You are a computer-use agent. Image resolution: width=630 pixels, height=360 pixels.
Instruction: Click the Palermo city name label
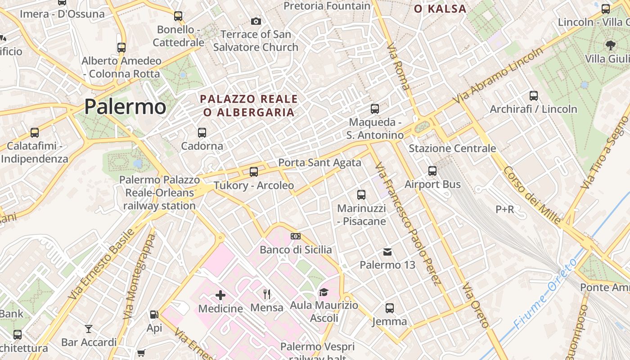point(125,107)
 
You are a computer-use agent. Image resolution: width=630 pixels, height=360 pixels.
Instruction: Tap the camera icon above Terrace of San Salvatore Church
point(256,21)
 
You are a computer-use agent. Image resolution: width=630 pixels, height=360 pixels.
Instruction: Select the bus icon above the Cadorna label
point(202,133)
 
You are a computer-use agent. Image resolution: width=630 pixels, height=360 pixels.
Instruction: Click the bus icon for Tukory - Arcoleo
point(254,171)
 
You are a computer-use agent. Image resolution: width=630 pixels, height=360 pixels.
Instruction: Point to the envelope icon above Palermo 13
point(387,252)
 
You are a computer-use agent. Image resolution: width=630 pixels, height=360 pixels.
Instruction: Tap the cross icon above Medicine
point(220,295)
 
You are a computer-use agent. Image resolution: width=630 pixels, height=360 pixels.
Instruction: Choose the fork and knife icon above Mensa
point(267,294)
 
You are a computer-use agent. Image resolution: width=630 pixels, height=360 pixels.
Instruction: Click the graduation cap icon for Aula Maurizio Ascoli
point(324,292)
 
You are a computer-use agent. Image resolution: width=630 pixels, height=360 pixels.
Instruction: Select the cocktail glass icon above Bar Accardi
point(89,329)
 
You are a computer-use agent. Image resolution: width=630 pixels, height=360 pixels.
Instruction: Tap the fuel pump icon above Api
point(154,315)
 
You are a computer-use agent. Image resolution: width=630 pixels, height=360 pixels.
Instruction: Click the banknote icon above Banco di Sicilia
point(296,236)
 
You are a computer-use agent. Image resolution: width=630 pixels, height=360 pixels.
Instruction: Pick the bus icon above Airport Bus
point(432,171)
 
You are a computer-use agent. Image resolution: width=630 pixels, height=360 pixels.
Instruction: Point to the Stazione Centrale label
point(452,148)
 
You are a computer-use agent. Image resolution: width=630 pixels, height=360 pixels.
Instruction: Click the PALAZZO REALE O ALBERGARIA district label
point(249,105)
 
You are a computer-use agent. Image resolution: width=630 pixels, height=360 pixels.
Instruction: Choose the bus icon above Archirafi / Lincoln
point(534,96)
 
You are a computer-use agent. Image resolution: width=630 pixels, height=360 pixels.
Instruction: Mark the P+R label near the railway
point(504,209)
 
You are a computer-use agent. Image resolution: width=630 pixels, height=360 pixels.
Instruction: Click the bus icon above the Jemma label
point(390,308)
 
